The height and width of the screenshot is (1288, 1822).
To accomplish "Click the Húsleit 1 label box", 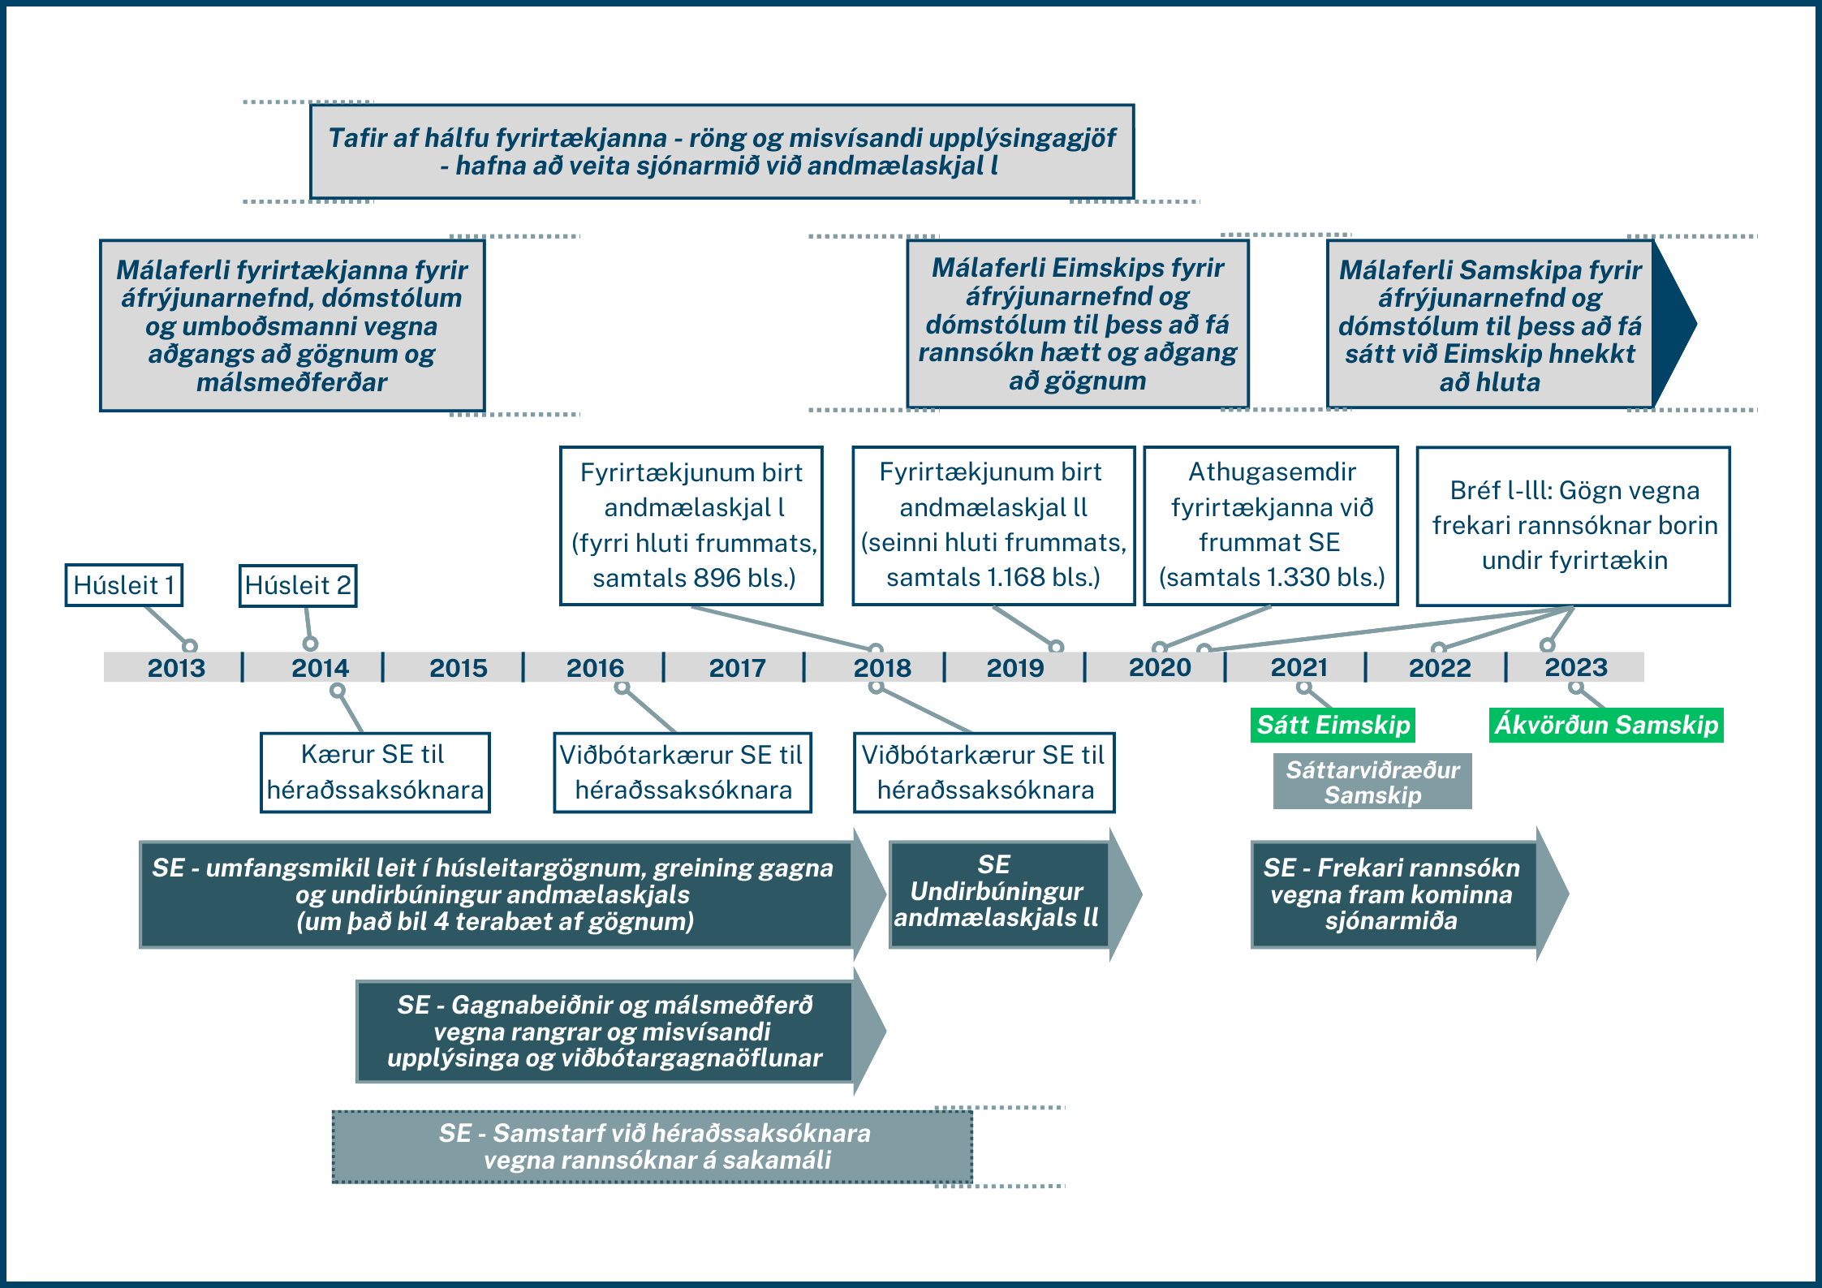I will click(x=124, y=585).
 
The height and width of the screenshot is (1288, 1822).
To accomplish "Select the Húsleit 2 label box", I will click(x=298, y=585).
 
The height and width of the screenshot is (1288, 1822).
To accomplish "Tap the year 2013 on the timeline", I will click(x=176, y=667).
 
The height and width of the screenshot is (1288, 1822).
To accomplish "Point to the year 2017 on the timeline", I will click(x=737, y=667).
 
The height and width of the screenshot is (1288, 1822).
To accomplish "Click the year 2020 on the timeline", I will click(x=1160, y=667).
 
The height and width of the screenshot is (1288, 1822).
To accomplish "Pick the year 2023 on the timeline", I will click(x=1575, y=667).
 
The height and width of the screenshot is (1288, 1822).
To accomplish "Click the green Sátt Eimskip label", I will click(x=1333, y=725).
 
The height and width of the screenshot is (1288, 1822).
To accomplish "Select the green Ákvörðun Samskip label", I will click(x=1606, y=725).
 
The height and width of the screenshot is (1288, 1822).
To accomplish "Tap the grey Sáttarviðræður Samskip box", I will click(x=1372, y=782).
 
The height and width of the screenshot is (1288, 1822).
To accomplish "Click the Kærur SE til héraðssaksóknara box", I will click(x=375, y=772).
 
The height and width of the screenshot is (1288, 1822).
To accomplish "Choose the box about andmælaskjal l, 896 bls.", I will click(x=691, y=525).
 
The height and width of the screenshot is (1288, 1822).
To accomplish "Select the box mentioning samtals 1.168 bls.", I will click(x=993, y=525).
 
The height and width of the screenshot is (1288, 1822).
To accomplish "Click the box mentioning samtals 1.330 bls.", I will click(x=1271, y=525).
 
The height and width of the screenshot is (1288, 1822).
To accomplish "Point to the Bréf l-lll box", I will click(x=1574, y=525).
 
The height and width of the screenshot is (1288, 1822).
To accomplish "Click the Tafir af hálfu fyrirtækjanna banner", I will click(x=721, y=152).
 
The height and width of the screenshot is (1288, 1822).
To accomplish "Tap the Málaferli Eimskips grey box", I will click(x=1077, y=324).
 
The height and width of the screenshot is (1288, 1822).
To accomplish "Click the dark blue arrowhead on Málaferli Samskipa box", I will click(x=1672, y=324).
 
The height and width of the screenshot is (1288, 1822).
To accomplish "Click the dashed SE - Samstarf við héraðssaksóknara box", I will click(x=653, y=1146).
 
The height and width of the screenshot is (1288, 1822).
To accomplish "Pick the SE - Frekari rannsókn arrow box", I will click(x=1393, y=894).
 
